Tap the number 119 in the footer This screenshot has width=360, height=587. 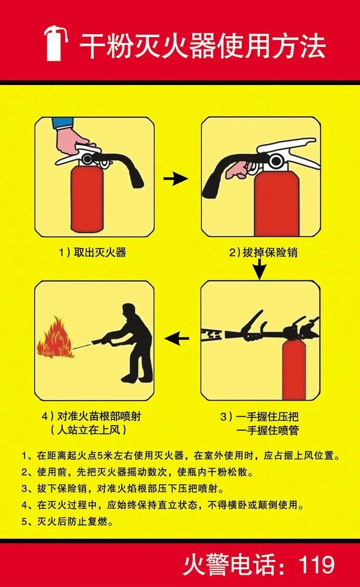tap(317, 564)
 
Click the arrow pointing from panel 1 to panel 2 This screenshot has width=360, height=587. tap(176, 179)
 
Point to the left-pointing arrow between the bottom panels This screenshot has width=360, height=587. tap(177, 339)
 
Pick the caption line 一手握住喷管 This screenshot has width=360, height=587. tap(268, 431)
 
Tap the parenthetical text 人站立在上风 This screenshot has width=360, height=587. tap(89, 430)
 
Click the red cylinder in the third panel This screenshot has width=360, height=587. tap(293, 370)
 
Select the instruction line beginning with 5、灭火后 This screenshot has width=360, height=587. tap(67, 522)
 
